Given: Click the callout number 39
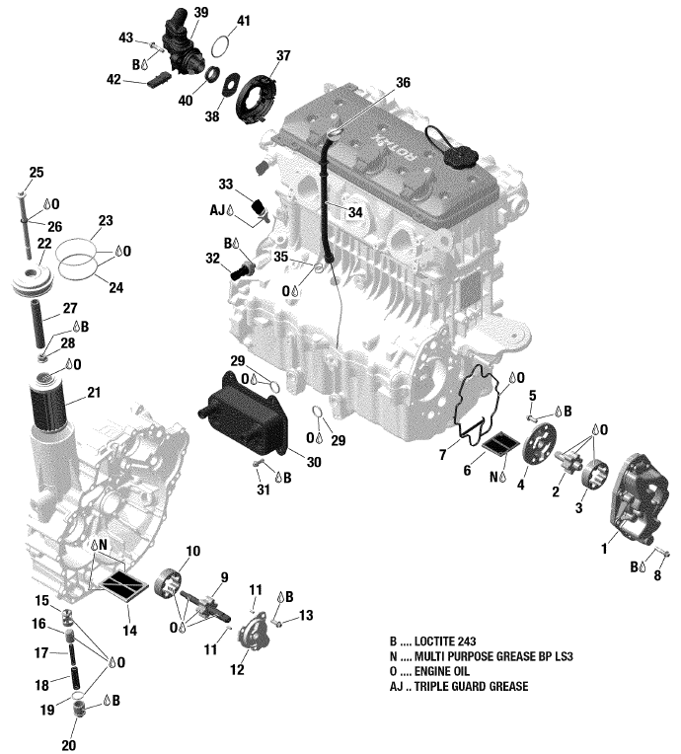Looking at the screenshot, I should [x=200, y=12].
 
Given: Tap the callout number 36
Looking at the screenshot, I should [x=402, y=84].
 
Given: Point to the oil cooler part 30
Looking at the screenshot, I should [x=245, y=420].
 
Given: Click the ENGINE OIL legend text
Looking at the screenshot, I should [x=446, y=671].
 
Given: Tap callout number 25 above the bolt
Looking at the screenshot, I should [x=36, y=174].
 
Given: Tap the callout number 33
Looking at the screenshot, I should [x=226, y=185].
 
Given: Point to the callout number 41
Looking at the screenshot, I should [x=244, y=20].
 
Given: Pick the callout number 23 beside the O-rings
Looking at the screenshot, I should [x=106, y=220].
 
